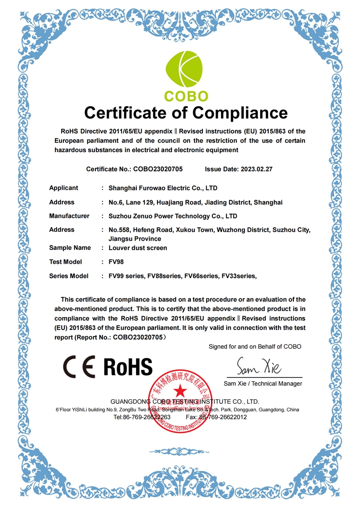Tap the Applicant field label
pos(63,188)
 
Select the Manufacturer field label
pos(69,216)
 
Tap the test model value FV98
pos(116,262)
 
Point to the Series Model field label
pos(69,276)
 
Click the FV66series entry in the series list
pos(202,276)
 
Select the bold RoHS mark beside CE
pos(128,366)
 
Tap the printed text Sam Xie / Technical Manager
pos(263,383)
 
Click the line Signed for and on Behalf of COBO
pos(255,347)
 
